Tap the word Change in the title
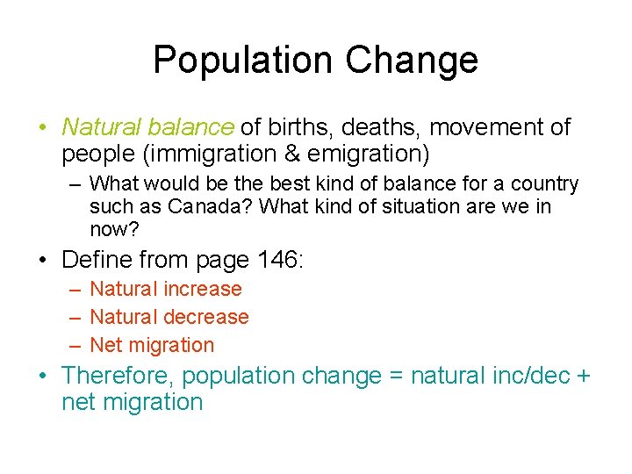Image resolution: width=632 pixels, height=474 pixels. coord(412,60)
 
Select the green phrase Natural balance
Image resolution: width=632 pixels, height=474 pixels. coord(147,127)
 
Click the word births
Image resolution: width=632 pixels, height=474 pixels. coord(299,127)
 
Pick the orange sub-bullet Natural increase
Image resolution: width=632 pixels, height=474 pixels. coord(166,289)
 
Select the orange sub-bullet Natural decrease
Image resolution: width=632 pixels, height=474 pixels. coord(169,317)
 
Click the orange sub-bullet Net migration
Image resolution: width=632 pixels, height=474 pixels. coord(152,345)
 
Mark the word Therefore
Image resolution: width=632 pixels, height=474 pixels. coord(117,376)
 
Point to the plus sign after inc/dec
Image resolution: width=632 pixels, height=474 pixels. coord(584,376)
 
